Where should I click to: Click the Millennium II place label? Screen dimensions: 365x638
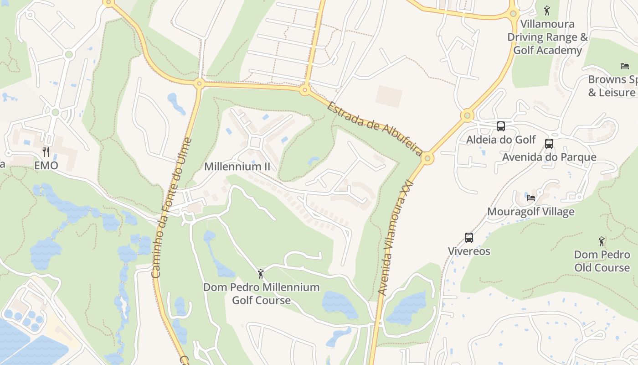[x=237, y=167]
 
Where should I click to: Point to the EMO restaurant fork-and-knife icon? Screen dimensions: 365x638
[x=46, y=151]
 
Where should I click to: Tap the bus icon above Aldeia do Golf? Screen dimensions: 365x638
[x=501, y=126]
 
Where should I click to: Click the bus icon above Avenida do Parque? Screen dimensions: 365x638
[x=549, y=144]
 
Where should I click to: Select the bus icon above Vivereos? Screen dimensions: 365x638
[x=469, y=238]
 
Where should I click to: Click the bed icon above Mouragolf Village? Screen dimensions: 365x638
[x=531, y=198]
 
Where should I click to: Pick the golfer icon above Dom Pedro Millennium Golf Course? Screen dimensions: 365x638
[x=261, y=274]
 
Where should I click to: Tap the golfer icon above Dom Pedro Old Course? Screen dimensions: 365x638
[x=602, y=241]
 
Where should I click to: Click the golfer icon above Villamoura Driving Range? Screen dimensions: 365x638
[x=547, y=10]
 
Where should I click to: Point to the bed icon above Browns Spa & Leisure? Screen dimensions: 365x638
[x=625, y=66]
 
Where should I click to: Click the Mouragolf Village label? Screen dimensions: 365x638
[x=531, y=212]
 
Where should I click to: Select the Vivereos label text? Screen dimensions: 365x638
[x=469, y=251]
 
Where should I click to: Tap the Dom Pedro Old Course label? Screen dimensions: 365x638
[x=602, y=261]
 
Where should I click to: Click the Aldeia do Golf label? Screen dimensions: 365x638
[x=501, y=140]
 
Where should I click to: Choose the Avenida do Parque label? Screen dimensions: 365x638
[x=549, y=157]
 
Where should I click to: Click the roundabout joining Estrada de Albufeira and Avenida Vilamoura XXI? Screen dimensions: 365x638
[x=427, y=158]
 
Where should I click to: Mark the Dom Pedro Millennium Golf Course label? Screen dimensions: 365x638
[x=261, y=294]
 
